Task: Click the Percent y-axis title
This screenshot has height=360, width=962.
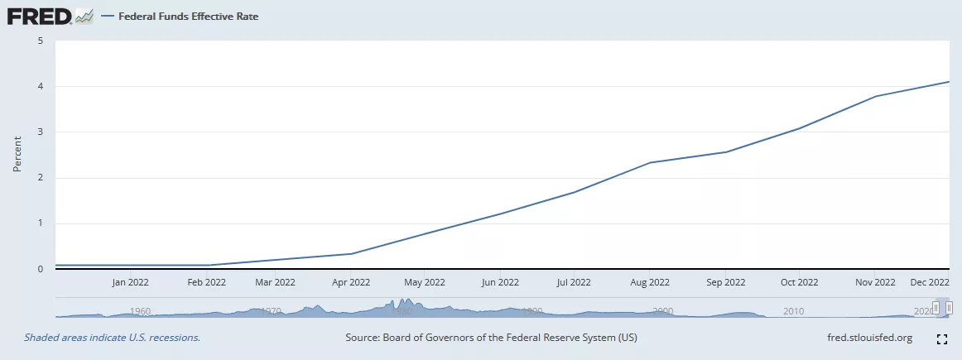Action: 17,155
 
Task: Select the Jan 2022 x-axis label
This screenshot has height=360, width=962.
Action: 131,282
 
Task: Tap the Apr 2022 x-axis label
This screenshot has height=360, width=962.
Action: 350,282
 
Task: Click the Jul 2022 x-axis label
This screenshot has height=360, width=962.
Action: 574,282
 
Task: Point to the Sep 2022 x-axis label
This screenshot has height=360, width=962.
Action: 726,282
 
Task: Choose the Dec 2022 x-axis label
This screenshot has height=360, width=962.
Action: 929,282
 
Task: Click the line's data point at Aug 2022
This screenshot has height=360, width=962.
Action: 650,162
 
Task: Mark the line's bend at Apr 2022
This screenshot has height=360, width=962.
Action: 350,253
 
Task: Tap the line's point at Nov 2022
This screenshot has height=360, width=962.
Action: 874,96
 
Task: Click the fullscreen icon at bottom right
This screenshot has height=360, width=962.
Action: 941,338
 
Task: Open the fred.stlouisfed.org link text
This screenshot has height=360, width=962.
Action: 869,338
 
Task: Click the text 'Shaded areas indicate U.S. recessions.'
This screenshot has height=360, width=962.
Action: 112,338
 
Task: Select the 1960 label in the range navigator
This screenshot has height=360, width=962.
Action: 141,311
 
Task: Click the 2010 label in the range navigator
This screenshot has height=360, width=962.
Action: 793,311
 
